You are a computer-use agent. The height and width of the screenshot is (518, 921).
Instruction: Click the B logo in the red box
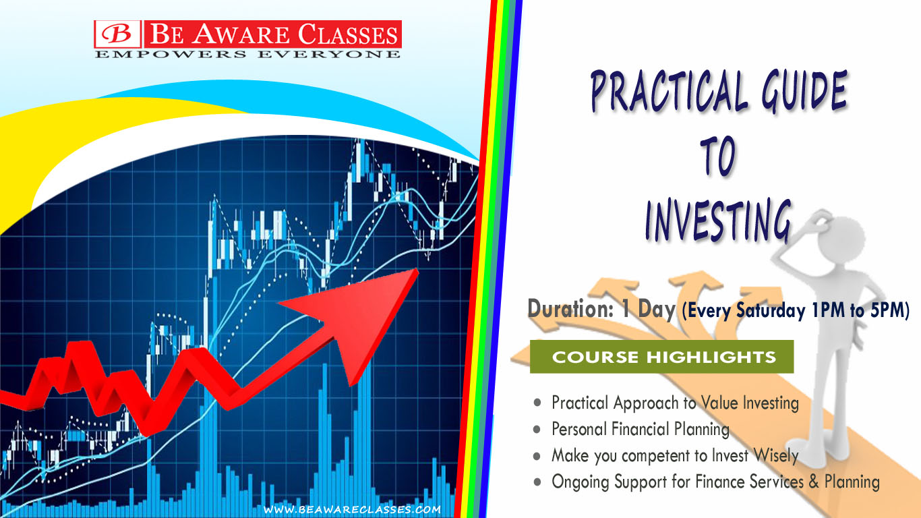[x=117, y=34]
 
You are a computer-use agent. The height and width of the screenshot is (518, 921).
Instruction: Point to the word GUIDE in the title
[x=804, y=91]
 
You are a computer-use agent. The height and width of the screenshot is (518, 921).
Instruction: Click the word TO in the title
[x=718, y=156]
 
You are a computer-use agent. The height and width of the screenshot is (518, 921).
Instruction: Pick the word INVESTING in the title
[x=718, y=221]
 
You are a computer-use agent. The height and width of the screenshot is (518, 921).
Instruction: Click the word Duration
[x=570, y=309]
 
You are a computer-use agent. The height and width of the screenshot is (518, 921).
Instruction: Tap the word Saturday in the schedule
[x=770, y=310]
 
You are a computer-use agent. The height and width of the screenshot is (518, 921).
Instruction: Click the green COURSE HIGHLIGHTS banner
[x=661, y=357]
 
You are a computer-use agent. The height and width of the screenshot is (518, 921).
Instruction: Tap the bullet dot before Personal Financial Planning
[x=537, y=430]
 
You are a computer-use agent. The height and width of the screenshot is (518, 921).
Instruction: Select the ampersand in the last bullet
[x=814, y=482]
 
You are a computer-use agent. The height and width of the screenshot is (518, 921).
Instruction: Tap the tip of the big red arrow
[x=418, y=270]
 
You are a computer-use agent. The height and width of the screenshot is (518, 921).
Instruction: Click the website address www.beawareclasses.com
[x=352, y=509]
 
